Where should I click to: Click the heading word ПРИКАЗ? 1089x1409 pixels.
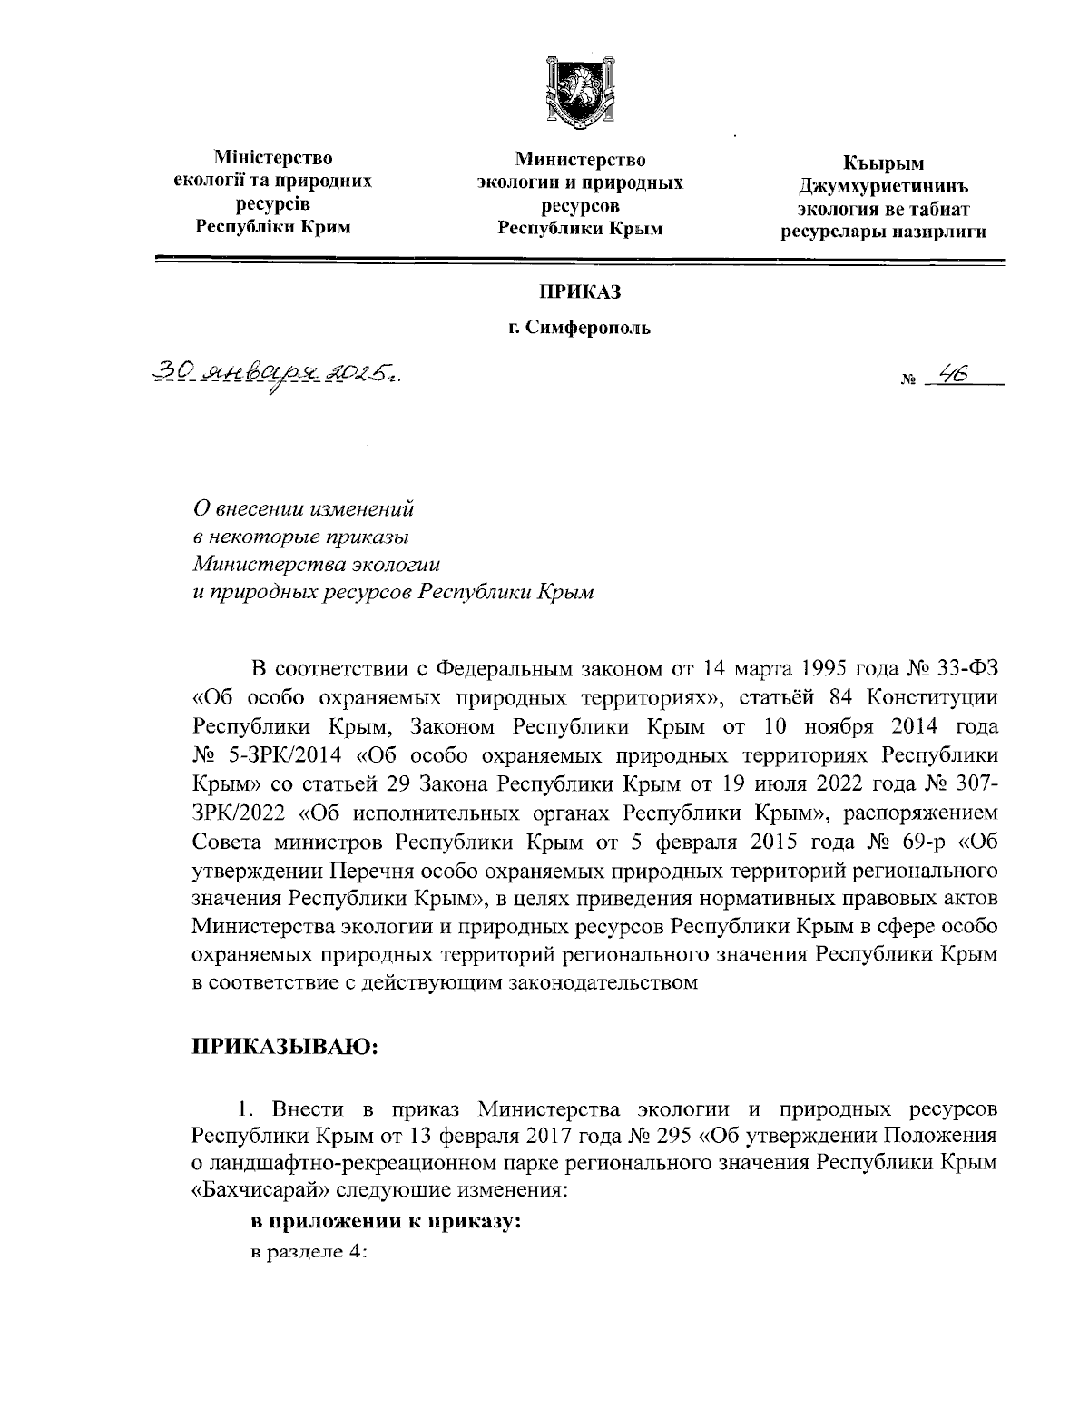point(580,291)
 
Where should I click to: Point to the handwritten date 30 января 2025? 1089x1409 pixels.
point(277,373)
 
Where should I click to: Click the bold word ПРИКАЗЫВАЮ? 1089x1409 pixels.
point(284,1047)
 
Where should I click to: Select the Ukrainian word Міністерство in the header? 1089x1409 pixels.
point(272,160)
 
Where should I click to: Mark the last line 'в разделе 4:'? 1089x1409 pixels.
point(309,1251)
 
